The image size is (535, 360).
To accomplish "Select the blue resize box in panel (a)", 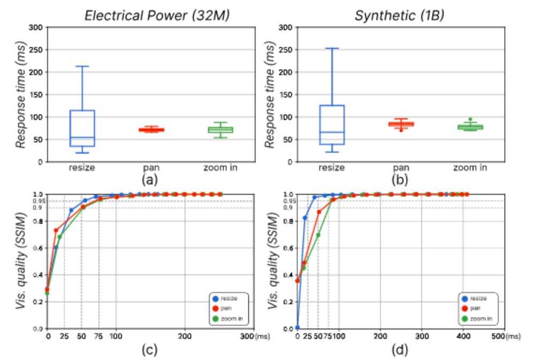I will tap(82, 128).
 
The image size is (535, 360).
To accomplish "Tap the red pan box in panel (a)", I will tap(151, 129).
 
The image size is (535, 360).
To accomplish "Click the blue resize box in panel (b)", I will tap(332, 125).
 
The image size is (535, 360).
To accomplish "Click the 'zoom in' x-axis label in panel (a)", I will tap(220, 168).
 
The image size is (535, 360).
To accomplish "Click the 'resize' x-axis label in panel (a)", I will tap(82, 168).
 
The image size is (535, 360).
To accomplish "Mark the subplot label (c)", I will tap(146, 350).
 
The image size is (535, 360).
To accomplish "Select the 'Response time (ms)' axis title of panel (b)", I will tap(272, 94).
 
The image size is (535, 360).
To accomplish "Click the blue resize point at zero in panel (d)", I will tap(297, 327).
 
